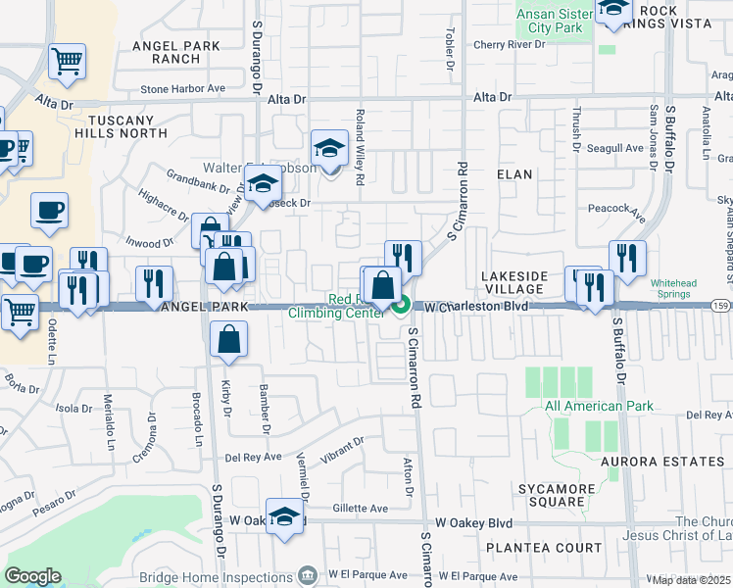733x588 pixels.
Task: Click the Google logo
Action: coord(33,576)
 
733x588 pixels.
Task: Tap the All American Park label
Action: coord(584,406)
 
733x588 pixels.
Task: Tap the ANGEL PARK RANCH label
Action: coord(162,51)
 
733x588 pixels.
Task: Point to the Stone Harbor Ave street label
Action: coord(183,88)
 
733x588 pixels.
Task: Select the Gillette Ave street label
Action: coord(361,508)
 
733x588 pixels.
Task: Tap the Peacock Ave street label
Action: coord(616,209)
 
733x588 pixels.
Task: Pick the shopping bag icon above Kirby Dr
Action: coord(228,340)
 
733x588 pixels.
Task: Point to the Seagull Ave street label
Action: coord(614,148)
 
